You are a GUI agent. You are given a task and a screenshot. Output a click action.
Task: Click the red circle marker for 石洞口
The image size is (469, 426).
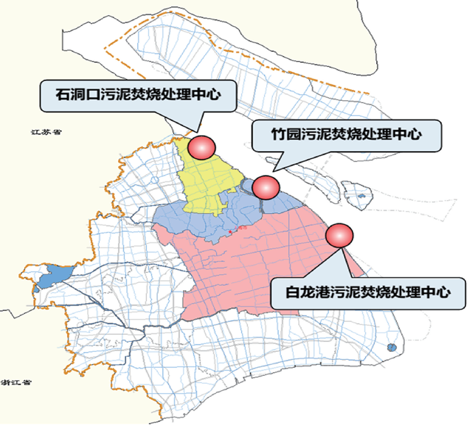click(202, 146)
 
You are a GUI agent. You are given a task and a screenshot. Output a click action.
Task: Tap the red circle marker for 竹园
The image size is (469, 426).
click(266, 187)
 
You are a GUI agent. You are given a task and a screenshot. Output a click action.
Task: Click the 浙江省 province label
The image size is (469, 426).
click(16, 382)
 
